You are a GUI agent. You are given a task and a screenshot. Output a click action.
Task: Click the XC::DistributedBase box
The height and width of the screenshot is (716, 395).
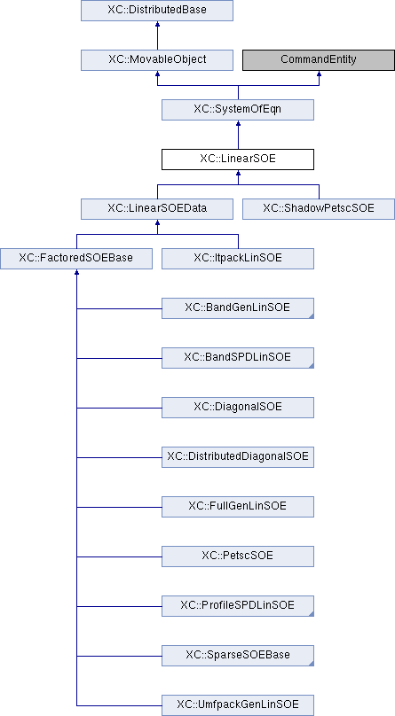coord(157,10)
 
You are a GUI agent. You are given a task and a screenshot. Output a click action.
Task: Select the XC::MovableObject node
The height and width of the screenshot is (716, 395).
coord(157,60)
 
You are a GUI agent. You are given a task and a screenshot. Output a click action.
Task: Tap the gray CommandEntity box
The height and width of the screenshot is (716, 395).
coord(319,60)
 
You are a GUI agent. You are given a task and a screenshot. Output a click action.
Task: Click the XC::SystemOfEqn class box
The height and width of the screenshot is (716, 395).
coord(238,110)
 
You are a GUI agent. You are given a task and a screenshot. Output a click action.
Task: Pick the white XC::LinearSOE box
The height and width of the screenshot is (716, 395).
coord(238,160)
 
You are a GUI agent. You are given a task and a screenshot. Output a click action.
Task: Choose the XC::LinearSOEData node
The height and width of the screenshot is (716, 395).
coord(157,208)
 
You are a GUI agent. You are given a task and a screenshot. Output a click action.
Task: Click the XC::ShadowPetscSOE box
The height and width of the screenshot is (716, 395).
coord(319,208)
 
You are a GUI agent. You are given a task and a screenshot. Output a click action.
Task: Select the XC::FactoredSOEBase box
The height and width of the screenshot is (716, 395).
coord(75,259)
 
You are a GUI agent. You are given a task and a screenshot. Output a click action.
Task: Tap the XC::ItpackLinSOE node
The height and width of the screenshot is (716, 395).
coord(238,259)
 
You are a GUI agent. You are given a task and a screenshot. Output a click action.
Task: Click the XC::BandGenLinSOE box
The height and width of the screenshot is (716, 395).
coord(238,308)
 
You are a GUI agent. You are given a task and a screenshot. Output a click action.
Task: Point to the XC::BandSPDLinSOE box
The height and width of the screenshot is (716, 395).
coord(238,357)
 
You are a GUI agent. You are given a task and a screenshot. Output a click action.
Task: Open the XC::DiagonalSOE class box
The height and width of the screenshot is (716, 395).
coord(238,408)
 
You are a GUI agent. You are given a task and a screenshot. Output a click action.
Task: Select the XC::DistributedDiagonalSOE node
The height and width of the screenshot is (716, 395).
coord(238,457)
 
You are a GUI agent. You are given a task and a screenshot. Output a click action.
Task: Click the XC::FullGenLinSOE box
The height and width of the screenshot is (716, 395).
coord(238,507)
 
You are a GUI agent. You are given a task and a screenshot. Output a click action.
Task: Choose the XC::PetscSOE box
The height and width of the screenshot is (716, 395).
coord(238,556)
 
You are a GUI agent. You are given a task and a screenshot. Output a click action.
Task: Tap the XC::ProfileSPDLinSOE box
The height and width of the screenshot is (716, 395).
coord(238,606)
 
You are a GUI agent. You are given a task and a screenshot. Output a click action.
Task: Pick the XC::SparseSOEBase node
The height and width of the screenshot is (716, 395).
coord(238,656)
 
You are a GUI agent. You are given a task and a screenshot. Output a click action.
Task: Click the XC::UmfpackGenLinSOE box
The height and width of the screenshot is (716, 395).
coord(238,705)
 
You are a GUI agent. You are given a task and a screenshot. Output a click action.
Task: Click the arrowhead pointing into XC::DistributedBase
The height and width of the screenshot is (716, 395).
coord(157,23)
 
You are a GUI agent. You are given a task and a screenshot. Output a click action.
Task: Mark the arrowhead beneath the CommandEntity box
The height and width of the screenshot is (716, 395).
coord(319,73)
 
